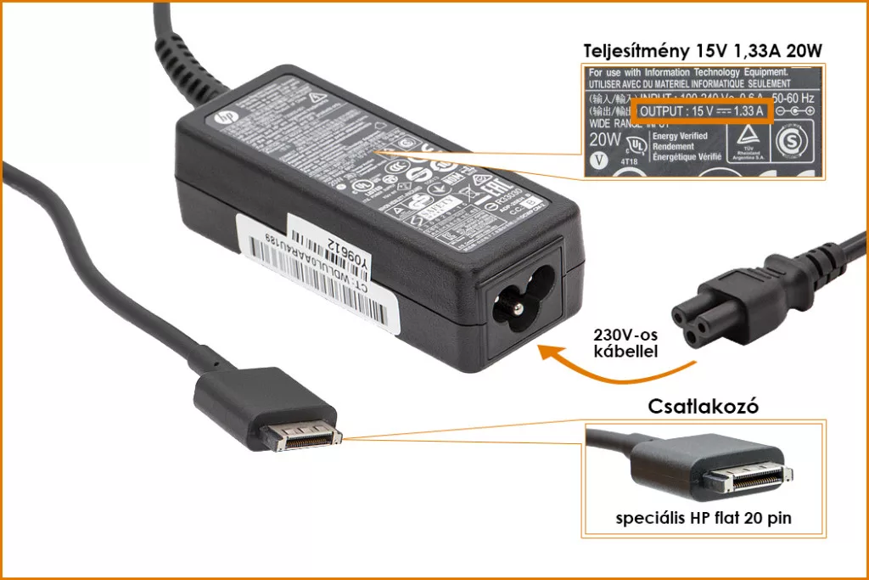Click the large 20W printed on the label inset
pyautogui.click(x=605, y=138)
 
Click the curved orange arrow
pyautogui.click(x=611, y=366)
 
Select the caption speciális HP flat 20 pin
pyautogui.click(x=704, y=517)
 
